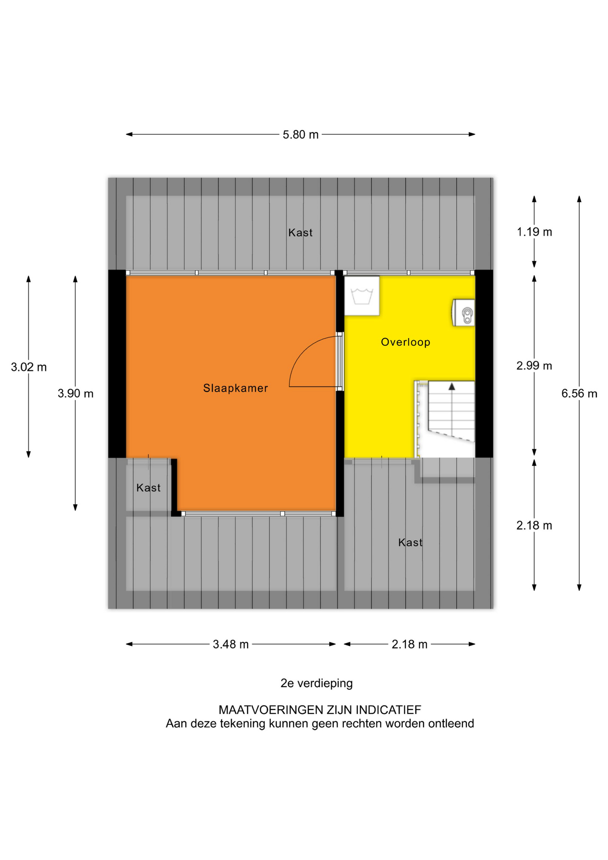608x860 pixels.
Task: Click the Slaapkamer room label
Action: pos(235,388)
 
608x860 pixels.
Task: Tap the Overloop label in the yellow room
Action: pos(406,342)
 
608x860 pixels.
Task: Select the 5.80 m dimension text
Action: pos(300,134)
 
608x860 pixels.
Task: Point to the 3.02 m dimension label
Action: pos(29,367)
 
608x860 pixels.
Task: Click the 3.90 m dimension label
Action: pos(76,394)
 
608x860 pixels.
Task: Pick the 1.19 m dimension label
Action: pos(535,232)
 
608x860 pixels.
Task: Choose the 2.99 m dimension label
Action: pos(535,366)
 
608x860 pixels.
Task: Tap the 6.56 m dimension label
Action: pos(579,394)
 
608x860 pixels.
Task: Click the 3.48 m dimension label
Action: pos(231,645)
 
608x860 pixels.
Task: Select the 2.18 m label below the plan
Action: pos(410,645)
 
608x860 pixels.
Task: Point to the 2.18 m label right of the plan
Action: pos(535,525)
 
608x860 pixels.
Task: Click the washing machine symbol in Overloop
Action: pos(362,296)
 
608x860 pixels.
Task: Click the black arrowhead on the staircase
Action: pos(452,387)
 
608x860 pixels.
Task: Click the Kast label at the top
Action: pos(300,232)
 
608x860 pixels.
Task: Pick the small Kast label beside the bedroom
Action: pos(149,488)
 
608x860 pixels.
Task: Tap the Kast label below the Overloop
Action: pos(411,542)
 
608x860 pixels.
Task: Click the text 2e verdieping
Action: pos(317,684)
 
